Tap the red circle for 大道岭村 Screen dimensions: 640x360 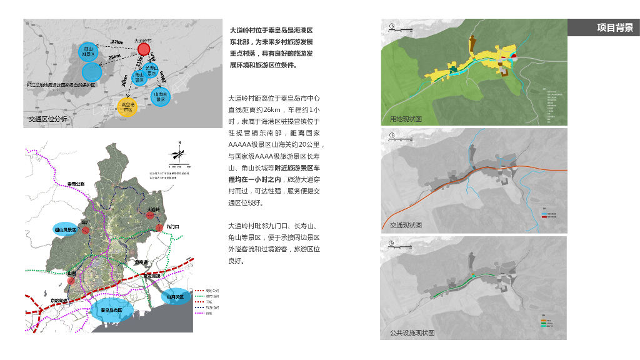(x=144, y=49)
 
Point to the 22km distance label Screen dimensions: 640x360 (x=117, y=42)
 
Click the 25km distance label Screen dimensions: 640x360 (x=114, y=57)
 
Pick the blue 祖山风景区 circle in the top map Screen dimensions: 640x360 (x=87, y=51)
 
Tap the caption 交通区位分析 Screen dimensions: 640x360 (x=47, y=119)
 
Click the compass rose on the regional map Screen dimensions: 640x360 (x=179, y=153)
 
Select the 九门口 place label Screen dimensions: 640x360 (x=173, y=226)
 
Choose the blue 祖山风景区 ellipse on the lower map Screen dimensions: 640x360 (x=64, y=230)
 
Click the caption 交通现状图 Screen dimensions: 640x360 (x=406, y=225)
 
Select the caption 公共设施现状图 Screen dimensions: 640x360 (x=411, y=333)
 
